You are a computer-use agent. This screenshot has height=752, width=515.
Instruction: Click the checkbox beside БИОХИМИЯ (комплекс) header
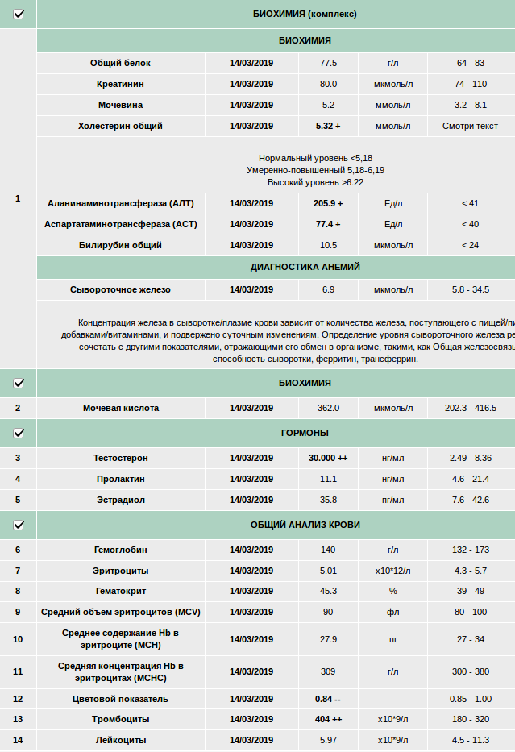[19, 14]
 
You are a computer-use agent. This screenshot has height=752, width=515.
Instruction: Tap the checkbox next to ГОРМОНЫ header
[19, 433]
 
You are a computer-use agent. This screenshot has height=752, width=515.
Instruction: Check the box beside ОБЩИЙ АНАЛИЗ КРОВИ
[19, 525]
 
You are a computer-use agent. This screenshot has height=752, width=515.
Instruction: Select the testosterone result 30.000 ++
[328, 458]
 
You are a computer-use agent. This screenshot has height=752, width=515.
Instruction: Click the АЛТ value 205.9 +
[328, 203]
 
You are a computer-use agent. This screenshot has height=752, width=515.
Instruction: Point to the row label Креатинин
[120, 84]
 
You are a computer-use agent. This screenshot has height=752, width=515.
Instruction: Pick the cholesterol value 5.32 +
[328, 126]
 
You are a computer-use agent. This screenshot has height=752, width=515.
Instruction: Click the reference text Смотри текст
[470, 126]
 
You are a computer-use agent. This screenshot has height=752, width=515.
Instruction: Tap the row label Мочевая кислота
[120, 408]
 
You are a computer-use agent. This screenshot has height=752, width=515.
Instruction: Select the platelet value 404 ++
[328, 719]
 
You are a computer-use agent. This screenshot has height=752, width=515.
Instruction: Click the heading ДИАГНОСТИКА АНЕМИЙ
[305, 267]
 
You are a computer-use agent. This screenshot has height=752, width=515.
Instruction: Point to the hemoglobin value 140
[328, 550]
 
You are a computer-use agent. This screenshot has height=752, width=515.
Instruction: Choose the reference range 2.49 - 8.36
[471, 458]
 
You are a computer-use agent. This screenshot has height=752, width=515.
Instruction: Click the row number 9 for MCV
[18, 612]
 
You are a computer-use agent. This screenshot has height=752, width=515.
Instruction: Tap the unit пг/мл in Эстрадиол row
[393, 500]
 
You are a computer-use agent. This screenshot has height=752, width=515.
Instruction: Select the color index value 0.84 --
[328, 699]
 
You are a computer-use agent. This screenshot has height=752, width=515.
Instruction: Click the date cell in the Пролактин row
[251, 479]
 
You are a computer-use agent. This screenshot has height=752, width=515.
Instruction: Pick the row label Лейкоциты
[120, 740]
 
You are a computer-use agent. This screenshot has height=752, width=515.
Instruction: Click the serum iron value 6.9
[328, 289]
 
